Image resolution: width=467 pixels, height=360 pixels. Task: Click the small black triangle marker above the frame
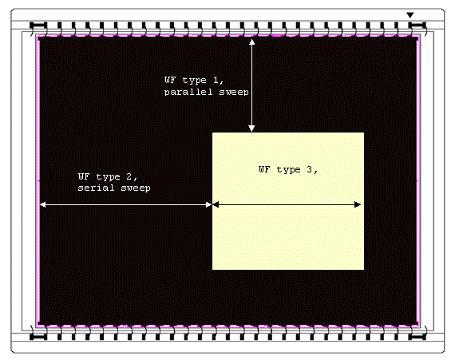coord(410,15)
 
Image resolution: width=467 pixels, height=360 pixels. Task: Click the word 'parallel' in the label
coord(188,92)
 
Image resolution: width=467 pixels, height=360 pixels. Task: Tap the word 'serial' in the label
coord(96,188)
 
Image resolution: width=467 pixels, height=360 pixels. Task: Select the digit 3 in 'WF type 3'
coord(309,169)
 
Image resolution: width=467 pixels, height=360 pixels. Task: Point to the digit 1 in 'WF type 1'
coord(216,80)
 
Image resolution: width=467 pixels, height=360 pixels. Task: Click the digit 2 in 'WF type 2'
coord(129,176)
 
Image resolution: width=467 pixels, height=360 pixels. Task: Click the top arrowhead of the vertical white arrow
coord(251,42)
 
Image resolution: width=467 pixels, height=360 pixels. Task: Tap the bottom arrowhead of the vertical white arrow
coord(251,129)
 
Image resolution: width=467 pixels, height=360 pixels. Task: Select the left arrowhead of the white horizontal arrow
coord(43,204)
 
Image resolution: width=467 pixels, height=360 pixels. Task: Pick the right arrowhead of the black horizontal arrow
coord(358,204)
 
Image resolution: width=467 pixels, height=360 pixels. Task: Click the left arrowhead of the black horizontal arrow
coord(216,204)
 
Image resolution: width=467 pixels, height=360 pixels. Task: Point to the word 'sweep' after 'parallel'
coord(234,92)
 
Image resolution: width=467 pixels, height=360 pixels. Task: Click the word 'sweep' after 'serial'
coord(136,188)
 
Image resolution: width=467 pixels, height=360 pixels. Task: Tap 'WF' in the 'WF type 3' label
coord(264,169)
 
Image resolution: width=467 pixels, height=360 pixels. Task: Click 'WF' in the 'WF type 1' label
coord(170,80)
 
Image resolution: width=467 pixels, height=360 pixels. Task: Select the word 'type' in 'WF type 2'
coord(108,177)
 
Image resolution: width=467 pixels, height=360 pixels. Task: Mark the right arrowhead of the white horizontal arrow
coord(208,204)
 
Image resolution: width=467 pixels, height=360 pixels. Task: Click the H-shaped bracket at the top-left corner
coord(39,26)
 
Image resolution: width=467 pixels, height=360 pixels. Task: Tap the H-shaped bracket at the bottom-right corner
coord(417,337)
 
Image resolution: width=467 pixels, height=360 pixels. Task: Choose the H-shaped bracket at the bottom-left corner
coord(39,337)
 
